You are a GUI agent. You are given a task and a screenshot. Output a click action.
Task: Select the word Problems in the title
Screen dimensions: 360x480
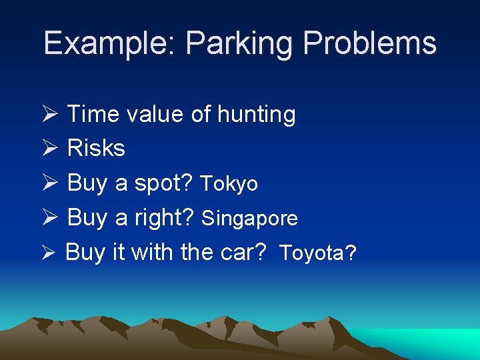pos(369,44)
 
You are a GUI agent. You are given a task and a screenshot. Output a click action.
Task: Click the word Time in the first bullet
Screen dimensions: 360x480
pos(93,115)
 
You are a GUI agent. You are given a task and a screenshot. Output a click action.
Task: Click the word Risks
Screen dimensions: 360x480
pos(96,148)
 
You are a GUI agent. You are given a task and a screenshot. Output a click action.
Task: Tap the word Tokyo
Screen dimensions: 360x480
pos(229,184)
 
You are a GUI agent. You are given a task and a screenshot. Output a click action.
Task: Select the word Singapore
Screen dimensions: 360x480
pos(249,219)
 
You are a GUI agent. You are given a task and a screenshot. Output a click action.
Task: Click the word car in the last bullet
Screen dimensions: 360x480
pos(245,253)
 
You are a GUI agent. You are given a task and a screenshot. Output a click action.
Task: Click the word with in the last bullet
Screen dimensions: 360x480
pos(151,253)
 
